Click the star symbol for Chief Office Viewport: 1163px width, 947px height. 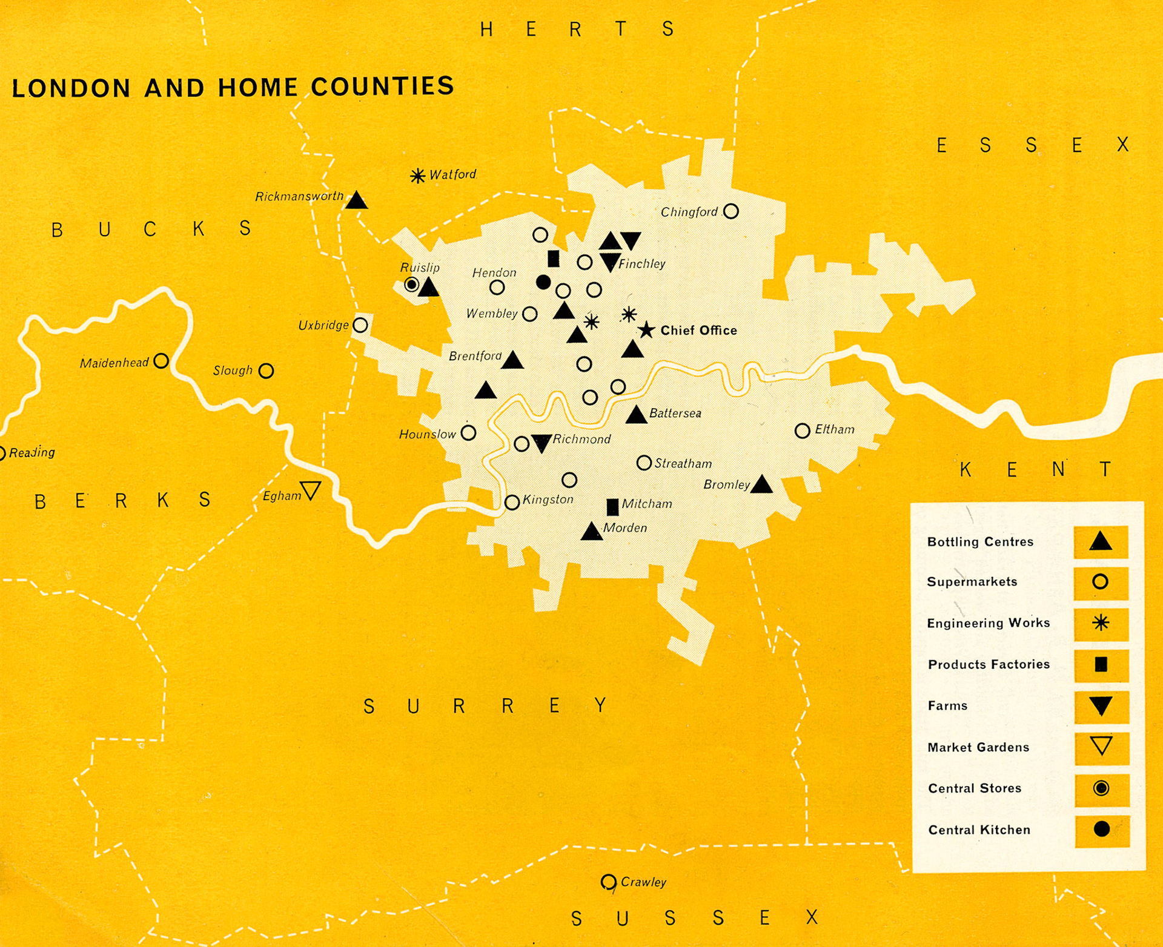pos(646,330)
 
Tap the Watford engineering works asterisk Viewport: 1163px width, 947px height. pos(417,176)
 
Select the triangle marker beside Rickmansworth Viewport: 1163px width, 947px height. pos(357,201)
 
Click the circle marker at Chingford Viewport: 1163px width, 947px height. pos(731,211)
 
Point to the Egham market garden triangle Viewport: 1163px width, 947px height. pos(311,490)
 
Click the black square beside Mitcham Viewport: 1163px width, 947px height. pos(612,507)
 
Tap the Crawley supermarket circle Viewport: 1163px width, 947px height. pos(608,882)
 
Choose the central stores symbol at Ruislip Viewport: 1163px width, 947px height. pos(412,285)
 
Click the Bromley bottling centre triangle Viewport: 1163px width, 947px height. pos(761,485)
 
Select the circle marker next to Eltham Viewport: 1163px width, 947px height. pos(802,431)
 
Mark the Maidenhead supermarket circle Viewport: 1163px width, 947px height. pos(161,361)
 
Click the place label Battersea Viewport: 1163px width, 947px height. pos(675,414)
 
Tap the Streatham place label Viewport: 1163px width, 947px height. pos(683,464)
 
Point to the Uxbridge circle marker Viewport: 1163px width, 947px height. pos(360,325)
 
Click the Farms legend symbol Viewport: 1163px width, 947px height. pos(1101,706)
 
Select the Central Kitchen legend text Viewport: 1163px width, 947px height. pos(979,830)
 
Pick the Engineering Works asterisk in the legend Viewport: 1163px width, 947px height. pos(1101,623)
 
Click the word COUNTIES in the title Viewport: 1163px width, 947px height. pos(383,87)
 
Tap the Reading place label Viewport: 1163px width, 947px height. pos(31,452)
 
